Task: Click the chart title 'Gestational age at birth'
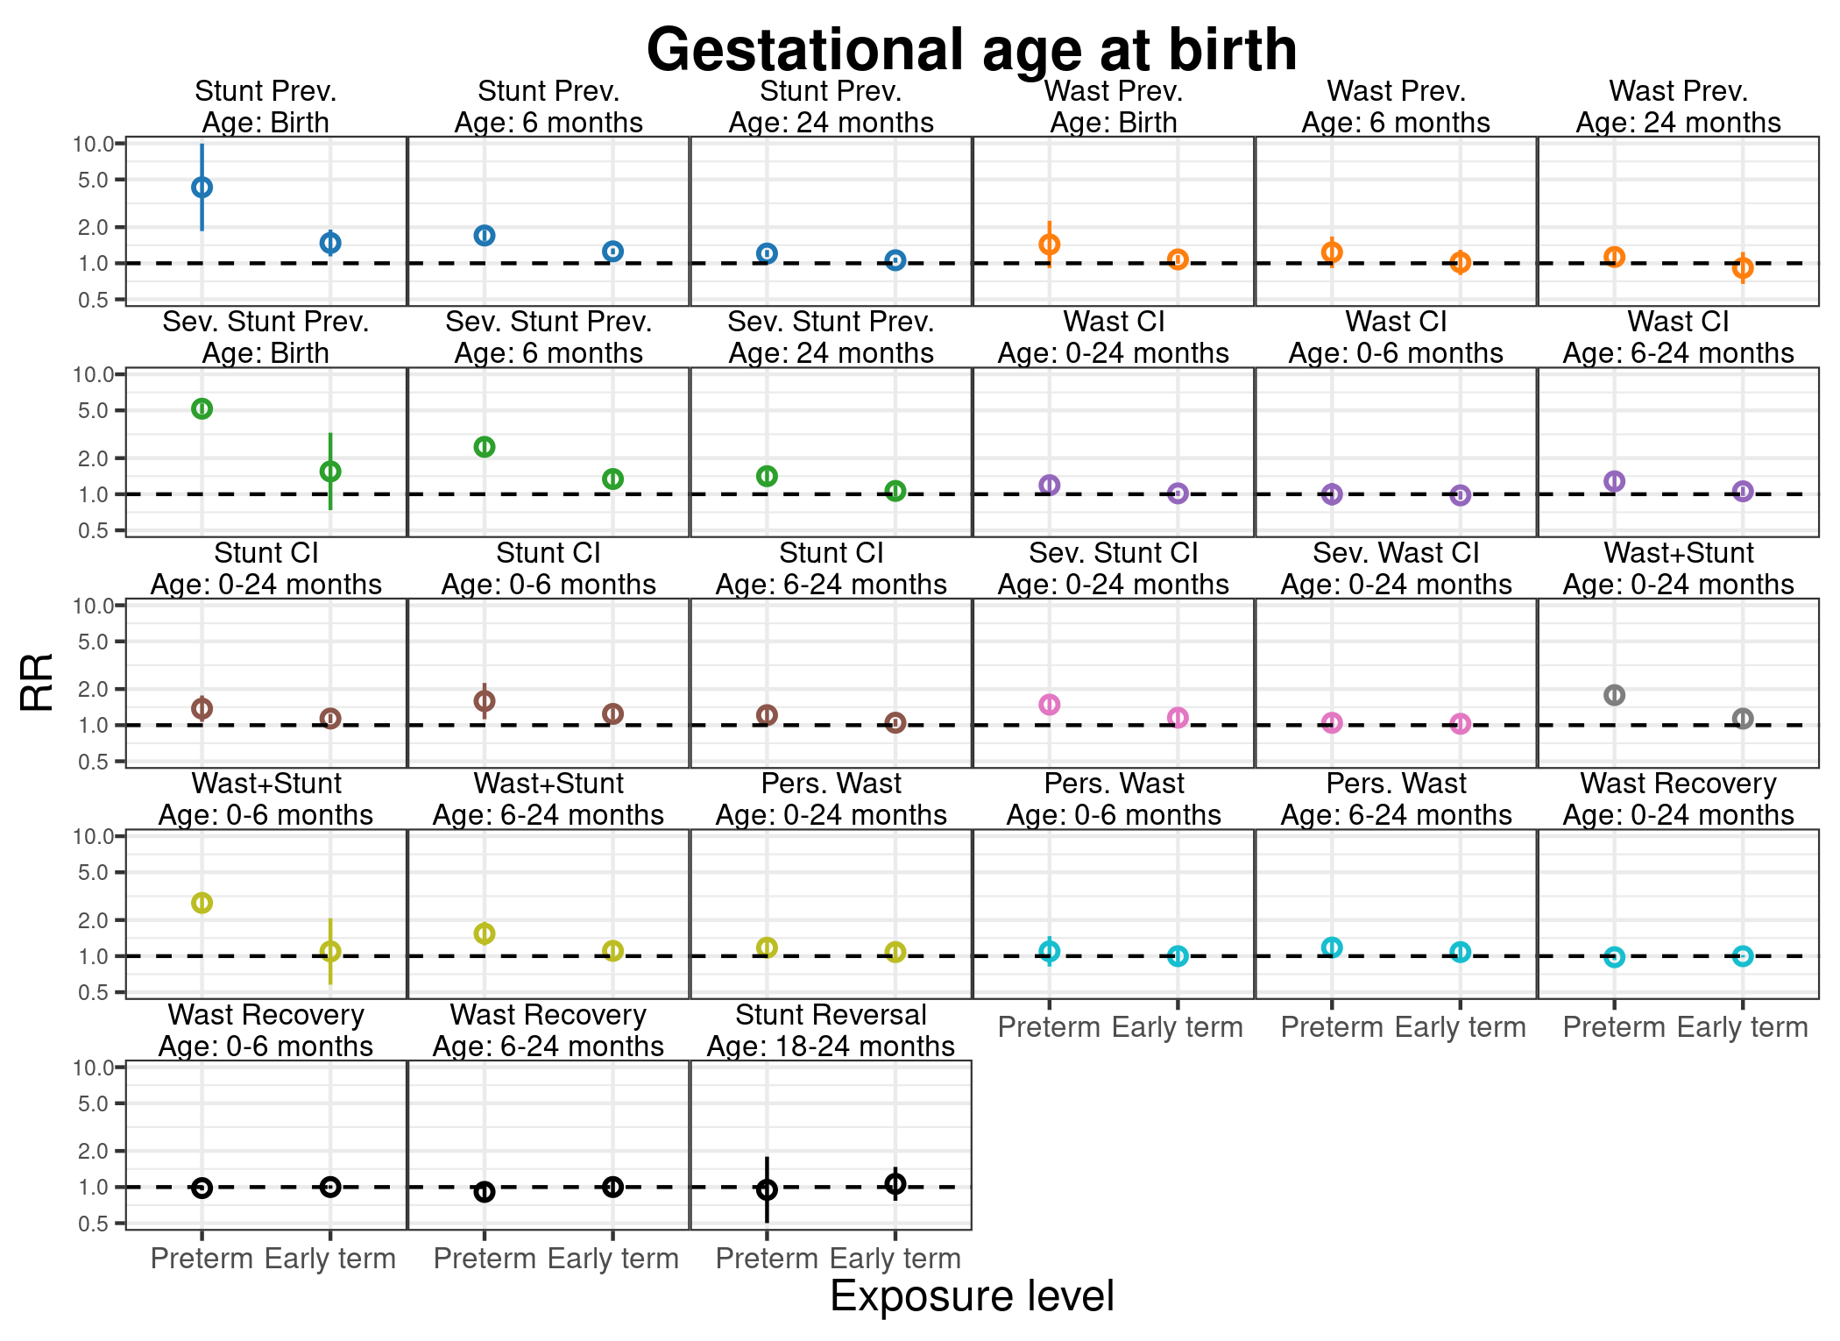coord(971,49)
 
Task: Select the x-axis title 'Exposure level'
coord(971,1296)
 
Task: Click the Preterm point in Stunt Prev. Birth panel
coord(202,187)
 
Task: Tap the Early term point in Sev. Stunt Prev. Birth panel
coord(330,472)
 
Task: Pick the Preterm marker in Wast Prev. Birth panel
coord(1049,244)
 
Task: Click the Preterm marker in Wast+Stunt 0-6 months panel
coord(202,903)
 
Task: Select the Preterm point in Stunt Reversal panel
coord(767,1189)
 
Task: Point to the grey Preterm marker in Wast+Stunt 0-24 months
coord(1614,695)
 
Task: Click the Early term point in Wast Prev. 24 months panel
coord(1743,268)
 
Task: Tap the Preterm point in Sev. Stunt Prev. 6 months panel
coord(485,447)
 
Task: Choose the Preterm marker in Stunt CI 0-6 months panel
coord(485,701)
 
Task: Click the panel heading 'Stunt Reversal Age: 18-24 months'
coord(831,1031)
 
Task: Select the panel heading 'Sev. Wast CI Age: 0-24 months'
coord(1396,569)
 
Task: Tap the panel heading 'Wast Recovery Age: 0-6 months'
coord(265,1031)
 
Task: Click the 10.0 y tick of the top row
coord(94,144)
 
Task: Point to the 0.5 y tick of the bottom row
coord(94,1224)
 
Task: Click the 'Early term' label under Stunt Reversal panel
coord(895,1259)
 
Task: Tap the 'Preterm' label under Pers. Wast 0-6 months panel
coord(1049,1027)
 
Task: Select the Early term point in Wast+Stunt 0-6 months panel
coord(330,951)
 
